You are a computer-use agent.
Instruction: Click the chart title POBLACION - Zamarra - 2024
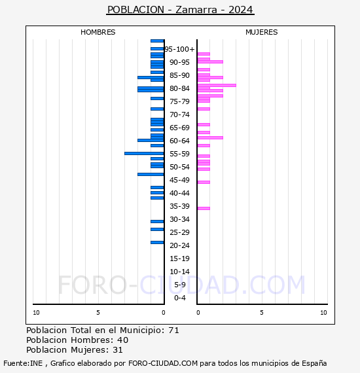180,10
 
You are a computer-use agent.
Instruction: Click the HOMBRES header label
98,32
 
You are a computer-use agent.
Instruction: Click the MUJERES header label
262,32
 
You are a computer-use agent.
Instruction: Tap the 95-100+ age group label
180,49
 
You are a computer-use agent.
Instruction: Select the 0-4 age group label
180,298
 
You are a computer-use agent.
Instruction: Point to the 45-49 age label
180,180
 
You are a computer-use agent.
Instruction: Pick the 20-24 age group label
180,245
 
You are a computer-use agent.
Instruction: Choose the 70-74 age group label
180,115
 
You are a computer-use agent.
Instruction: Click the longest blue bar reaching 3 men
144,153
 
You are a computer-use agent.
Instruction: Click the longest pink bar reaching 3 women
217,85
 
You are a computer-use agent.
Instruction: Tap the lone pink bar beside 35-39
204,208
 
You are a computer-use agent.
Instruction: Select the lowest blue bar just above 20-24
157,242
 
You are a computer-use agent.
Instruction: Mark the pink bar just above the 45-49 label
204,182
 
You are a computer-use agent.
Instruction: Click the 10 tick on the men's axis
36,313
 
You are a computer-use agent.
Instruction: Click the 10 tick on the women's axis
323,313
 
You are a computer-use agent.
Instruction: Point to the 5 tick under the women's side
261,313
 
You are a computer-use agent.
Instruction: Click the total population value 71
173,330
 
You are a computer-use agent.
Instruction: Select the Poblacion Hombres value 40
122,340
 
